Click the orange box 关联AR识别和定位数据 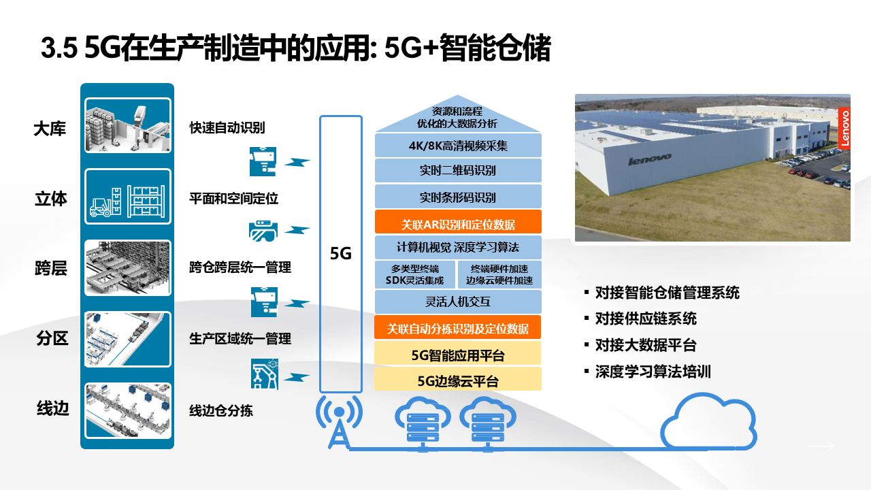(x=458, y=223)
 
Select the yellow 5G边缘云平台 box (x=458, y=380)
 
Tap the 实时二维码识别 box (x=458, y=171)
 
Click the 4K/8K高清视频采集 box (x=458, y=146)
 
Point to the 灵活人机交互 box (x=458, y=301)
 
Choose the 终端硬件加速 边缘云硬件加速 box (x=499, y=274)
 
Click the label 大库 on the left (x=50, y=129)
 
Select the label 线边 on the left (x=52, y=409)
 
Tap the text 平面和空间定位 (x=233, y=199)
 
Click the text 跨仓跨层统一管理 (x=240, y=267)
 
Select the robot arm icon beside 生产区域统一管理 (x=265, y=374)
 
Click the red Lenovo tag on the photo (x=844, y=127)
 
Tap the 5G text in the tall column (x=340, y=254)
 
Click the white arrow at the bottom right (x=821, y=446)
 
